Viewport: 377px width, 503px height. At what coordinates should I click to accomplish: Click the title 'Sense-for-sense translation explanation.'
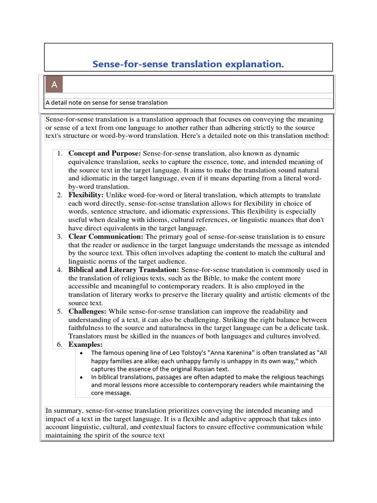coord(188,65)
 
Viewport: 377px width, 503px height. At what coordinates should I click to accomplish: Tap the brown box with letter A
coord(54,85)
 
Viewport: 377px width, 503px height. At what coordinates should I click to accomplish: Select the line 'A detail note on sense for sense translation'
coord(107,103)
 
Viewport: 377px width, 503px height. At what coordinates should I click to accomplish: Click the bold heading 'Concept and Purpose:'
coord(105,154)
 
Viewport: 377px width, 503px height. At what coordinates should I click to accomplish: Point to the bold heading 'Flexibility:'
coord(86,195)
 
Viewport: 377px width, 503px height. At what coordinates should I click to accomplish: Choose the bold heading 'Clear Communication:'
coord(106,237)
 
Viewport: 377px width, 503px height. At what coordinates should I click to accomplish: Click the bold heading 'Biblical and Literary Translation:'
coord(124,270)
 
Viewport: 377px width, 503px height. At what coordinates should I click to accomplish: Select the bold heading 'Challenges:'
coord(87,311)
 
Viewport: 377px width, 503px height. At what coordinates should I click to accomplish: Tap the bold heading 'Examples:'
coord(85,345)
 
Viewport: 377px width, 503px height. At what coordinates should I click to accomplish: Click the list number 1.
coord(59,154)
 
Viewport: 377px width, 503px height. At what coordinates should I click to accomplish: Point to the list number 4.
coord(59,270)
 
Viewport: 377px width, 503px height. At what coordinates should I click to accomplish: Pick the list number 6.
coord(59,345)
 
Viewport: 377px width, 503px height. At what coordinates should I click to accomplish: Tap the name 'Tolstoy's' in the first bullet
coord(179,353)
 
